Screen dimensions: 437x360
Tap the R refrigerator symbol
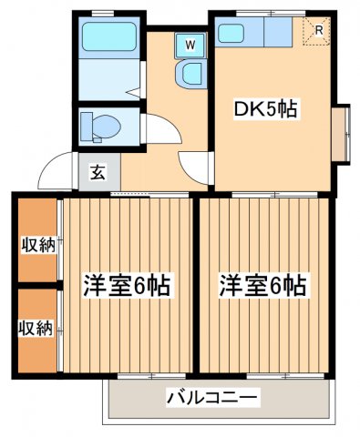[x=316, y=32]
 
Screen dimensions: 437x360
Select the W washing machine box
[x=191, y=43]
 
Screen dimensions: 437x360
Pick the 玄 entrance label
[x=95, y=169]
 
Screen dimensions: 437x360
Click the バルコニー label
[x=213, y=398]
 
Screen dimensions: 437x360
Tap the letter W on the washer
[x=191, y=43]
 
